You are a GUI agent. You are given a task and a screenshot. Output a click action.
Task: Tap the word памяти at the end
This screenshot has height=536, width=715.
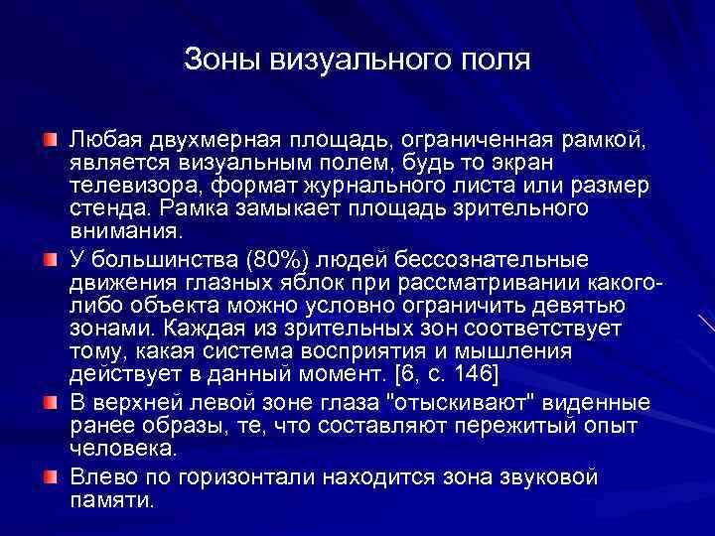(111, 500)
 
